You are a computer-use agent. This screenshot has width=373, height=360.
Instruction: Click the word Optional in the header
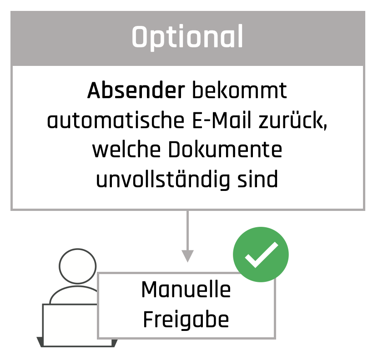pyautogui.click(x=187, y=37)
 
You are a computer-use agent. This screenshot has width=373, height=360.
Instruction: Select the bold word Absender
pyautogui.click(x=136, y=90)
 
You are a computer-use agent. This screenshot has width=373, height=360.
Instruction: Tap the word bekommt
pyautogui.click(x=239, y=90)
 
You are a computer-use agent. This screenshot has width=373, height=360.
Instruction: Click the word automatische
pyautogui.click(x=116, y=120)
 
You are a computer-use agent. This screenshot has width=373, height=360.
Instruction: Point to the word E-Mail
pyautogui.click(x=222, y=120)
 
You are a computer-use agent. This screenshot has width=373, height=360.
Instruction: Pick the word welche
pyautogui.click(x=126, y=150)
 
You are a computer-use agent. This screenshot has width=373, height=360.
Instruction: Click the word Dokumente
pyautogui.click(x=225, y=150)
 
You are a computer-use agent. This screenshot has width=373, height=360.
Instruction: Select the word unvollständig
pyautogui.click(x=163, y=180)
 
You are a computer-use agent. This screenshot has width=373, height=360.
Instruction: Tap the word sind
pyautogui.click(x=257, y=179)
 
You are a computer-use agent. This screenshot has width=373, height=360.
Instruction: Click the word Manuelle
pyautogui.click(x=186, y=290)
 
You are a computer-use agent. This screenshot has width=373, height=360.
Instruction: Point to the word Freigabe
pyautogui.click(x=186, y=320)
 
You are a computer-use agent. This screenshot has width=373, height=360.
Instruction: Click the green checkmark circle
pyautogui.click(x=261, y=255)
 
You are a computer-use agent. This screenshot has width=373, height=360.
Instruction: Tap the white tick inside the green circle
pyautogui.click(x=261, y=255)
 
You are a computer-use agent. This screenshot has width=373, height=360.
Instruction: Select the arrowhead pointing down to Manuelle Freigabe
pyautogui.click(x=188, y=256)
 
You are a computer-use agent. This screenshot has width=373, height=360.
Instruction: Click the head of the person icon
pyautogui.click(x=77, y=266)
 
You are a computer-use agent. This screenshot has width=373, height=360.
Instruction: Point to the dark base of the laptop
pyautogui.click(x=77, y=342)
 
